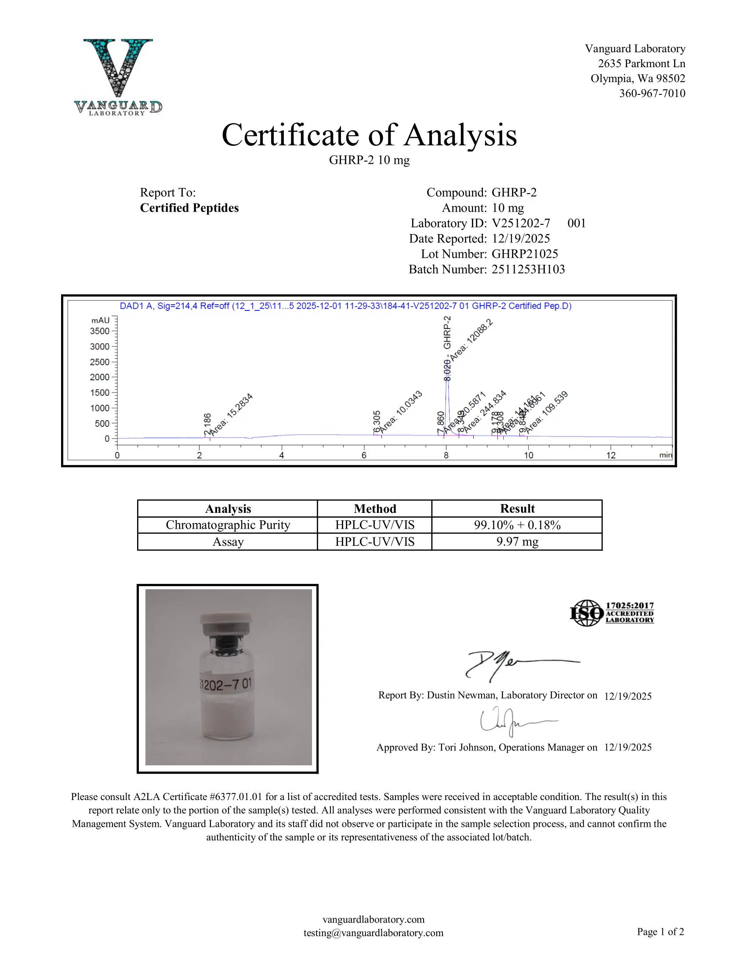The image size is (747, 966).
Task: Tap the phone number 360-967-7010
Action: coord(652,94)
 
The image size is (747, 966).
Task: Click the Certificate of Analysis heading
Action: coord(369,135)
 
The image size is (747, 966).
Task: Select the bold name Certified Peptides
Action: coord(189,208)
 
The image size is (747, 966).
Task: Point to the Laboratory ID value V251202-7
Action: coord(521,223)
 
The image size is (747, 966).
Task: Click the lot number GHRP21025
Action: coord(524,254)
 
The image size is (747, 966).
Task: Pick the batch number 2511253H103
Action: coord(528,269)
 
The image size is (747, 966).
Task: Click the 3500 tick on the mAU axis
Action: coord(100,331)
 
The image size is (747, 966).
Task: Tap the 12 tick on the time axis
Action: coord(611,455)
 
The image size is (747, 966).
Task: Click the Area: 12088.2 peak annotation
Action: coord(472,340)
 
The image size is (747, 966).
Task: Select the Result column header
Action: coord(517,508)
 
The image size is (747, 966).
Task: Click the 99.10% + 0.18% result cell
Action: coord(517,525)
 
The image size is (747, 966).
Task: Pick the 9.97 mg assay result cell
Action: coord(517,542)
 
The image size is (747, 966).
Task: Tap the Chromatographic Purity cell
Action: coord(228,525)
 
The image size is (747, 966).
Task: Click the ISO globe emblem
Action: coord(586,613)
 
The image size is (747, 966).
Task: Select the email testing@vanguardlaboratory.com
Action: coord(373,933)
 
